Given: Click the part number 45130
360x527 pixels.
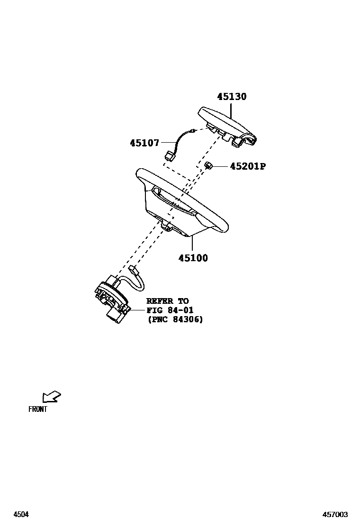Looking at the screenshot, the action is click(x=232, y=97).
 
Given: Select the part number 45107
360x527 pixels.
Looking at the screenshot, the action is click(x=144, y=142).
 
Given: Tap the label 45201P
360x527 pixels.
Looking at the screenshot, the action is click(x=248, y=166).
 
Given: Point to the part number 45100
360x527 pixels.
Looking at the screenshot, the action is click(x=193, y=258).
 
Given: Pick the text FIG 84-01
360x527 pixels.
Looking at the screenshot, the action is click(x=170, y=310).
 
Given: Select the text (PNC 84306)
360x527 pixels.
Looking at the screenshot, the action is click(x=175, y=319).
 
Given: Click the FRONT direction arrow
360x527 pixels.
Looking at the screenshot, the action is click(x=51, y=396).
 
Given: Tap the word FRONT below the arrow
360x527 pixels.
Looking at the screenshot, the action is click(x=38, y=409).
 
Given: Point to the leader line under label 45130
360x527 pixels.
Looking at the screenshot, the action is click(x=231, y=111).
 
